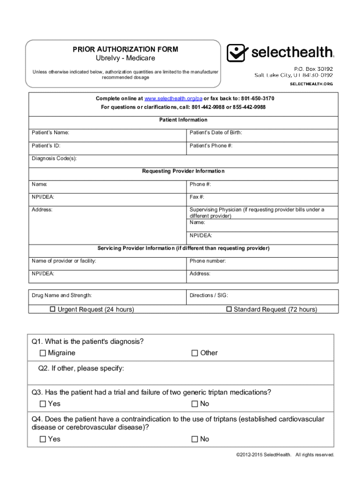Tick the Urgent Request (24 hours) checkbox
click(53, 309)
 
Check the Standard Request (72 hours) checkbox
click(229, 309)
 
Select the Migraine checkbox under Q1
click(43, 353)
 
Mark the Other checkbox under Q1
click(195, 353)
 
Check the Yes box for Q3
click(43, 404)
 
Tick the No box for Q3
click(195, 404)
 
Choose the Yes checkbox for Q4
click(43, 439)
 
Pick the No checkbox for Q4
click(195, 439)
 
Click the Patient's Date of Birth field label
click(216, 133)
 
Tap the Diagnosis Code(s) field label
click(54, 159)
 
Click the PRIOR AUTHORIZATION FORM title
click(125, 49)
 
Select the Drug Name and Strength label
click(62, 296)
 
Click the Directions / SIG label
click(209, 296)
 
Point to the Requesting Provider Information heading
click(183, 171)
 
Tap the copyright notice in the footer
click(286, 455)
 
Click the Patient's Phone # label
click(211, 145)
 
